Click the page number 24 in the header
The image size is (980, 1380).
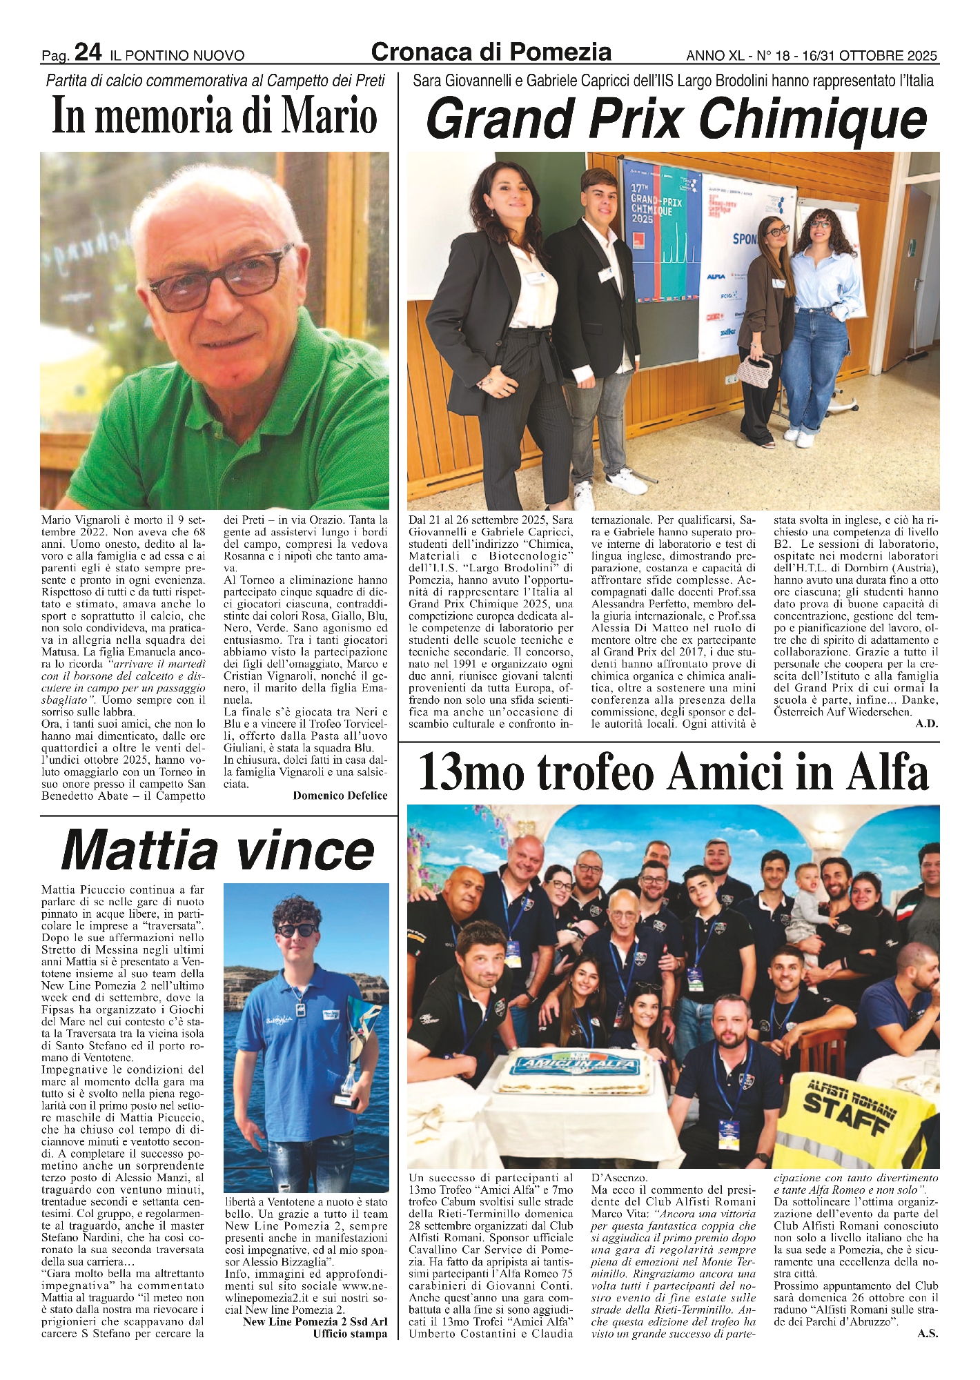88,52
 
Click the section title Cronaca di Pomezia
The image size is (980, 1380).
491,52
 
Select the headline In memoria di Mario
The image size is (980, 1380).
215,115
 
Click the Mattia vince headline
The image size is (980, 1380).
218,850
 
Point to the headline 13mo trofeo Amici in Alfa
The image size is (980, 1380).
673,773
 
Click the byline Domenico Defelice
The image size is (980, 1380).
340,796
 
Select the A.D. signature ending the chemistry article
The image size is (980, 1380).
927,724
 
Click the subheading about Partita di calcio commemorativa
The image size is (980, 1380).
215,81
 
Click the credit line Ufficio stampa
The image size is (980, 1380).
350,1334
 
